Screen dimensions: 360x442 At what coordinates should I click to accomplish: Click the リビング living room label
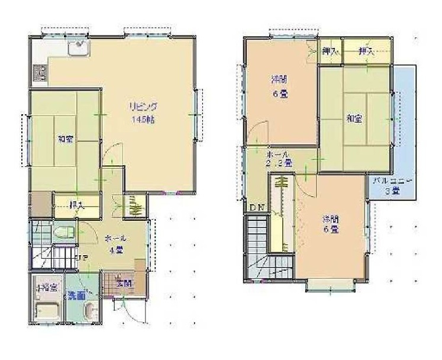point(144,107)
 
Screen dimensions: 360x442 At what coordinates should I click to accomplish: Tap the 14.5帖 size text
point(144,117)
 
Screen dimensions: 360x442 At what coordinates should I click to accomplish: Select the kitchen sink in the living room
point(78,49)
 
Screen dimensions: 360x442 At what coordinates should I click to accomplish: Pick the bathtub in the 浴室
point(46,310)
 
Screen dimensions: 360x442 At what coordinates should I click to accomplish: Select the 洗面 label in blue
point(76,296)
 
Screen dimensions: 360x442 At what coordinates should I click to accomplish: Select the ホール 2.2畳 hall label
point(278,157)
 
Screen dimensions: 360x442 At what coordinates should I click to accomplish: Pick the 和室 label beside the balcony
point(355,118)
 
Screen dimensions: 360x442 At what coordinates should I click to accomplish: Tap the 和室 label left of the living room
point(65,140)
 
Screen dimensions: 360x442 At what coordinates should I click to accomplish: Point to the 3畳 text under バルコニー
point(391,191)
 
